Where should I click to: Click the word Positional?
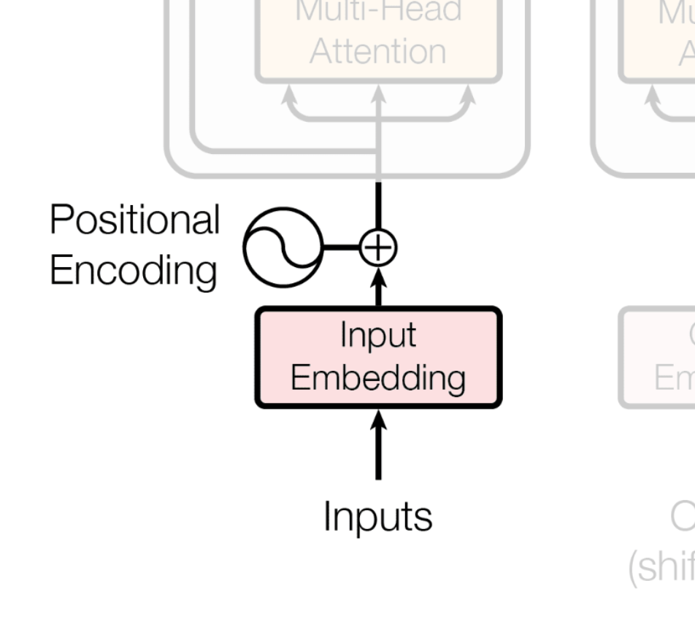click(134, 220)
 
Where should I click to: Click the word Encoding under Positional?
click(133, 270)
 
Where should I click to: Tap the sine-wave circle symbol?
click(282, 247)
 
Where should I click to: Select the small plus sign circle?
click(378, 247)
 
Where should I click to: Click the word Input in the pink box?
click(377, 335)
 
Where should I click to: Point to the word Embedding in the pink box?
click(377, 378)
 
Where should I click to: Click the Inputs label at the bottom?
click(377, 516)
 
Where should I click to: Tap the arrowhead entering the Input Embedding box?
click(378, 420)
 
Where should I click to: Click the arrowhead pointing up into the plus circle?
click(378, 278)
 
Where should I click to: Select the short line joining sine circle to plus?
click(340, 247)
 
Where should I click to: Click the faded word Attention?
click(377, 52)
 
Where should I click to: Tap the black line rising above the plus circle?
click(378, 206)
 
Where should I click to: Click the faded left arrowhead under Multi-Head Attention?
click(290, 95)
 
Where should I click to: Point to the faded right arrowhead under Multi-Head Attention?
click(467, 95)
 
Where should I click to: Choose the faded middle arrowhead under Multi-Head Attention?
click(378, 95)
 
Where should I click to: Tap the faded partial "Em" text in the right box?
click(674, 378)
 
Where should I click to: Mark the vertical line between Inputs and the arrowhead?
click(378, 456)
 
